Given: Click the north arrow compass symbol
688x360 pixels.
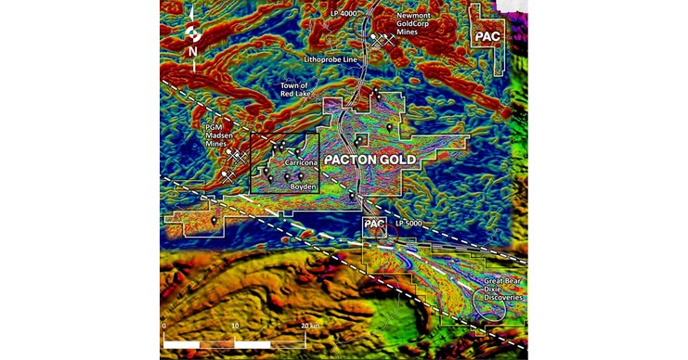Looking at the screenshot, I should pos(190,29).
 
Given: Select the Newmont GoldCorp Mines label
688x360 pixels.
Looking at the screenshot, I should pos(413,24).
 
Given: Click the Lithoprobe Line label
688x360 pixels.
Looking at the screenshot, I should pos(331,59).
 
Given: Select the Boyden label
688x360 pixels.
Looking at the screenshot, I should pos(305,187).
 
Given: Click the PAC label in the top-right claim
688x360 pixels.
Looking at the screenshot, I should pos(487,35).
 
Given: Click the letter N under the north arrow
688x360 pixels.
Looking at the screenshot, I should pos(190,51).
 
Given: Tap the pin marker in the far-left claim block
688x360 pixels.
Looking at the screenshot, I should pos(214,222).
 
